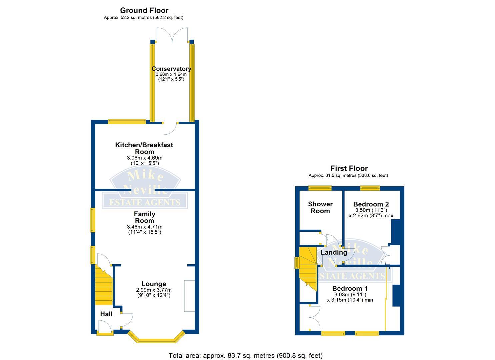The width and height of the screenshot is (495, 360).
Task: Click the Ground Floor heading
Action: click(x=144, y=10)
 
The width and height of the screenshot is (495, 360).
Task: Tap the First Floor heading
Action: click(x=349, y=168)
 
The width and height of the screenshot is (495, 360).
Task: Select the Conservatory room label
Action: click(x=171, y=69)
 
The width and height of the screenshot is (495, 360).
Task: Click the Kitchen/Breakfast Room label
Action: click(x=144, y=148)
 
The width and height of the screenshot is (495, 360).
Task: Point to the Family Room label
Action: click(x=145, y=217)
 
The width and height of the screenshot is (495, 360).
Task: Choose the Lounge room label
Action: click(x=153, y=284)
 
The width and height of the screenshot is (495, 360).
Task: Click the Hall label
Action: click(x=106, y=314)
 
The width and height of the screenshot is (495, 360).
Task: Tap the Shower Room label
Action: click(x=320, y=207)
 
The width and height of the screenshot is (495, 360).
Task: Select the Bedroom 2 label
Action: click(x=371, y=204)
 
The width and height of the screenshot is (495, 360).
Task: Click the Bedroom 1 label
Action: click(x=350, y=288)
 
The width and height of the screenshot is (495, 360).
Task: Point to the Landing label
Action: click(x=334, y=253)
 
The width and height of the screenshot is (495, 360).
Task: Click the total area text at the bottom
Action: click(x=245, y=355)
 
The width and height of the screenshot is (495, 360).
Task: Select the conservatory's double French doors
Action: click(x=172, y=35)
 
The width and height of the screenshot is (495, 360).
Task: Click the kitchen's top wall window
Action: click(x=126, y=122)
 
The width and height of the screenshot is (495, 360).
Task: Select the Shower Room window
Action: click(x=320, y=188)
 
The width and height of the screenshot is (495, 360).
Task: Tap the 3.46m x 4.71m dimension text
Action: click(x=145, y=227)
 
